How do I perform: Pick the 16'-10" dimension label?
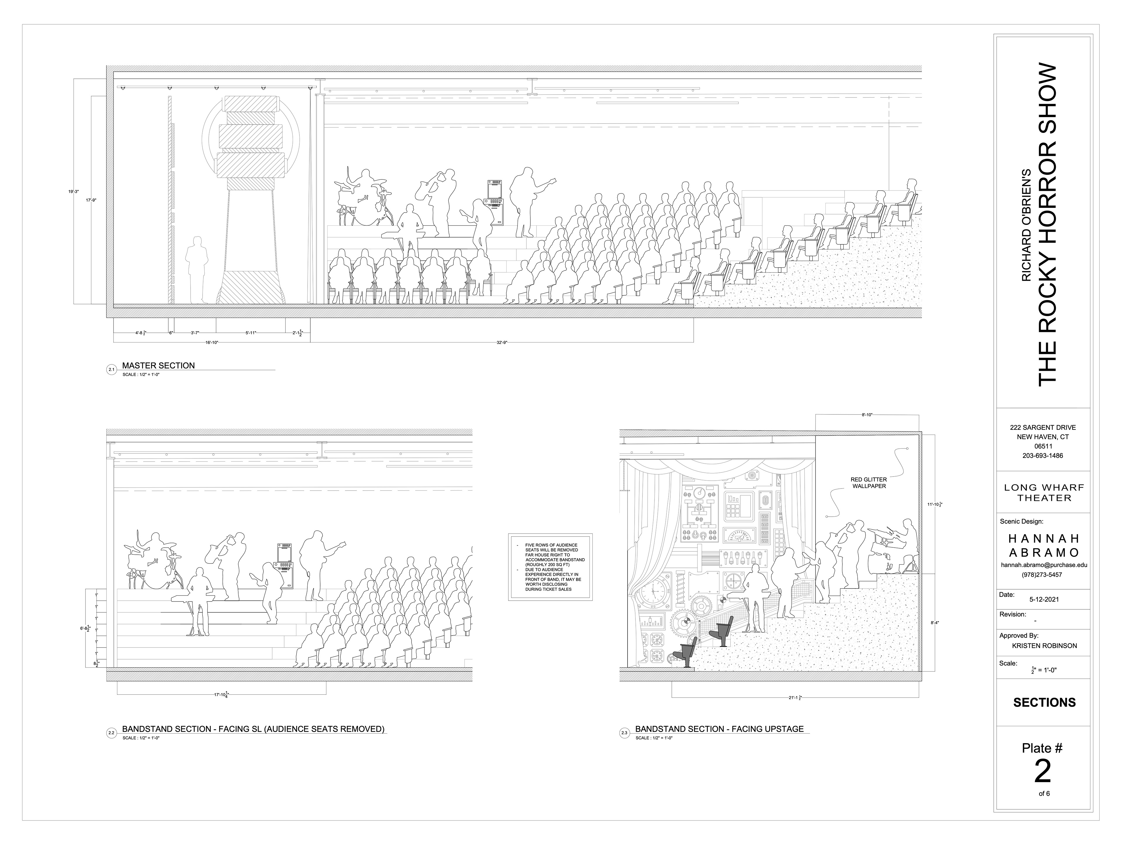[x=212, y=342]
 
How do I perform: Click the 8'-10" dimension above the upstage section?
[x=867, y=415]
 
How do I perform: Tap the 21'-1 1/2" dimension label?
[x=795, y=698]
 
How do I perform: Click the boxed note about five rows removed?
[x=550, y=567]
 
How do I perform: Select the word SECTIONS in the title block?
[x=1044, y=702]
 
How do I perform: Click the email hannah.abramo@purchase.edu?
[x=1044, y=565]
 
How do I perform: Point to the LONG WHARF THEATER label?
[x=1044, y=493]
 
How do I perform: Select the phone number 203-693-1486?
[x=1043, y=455]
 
